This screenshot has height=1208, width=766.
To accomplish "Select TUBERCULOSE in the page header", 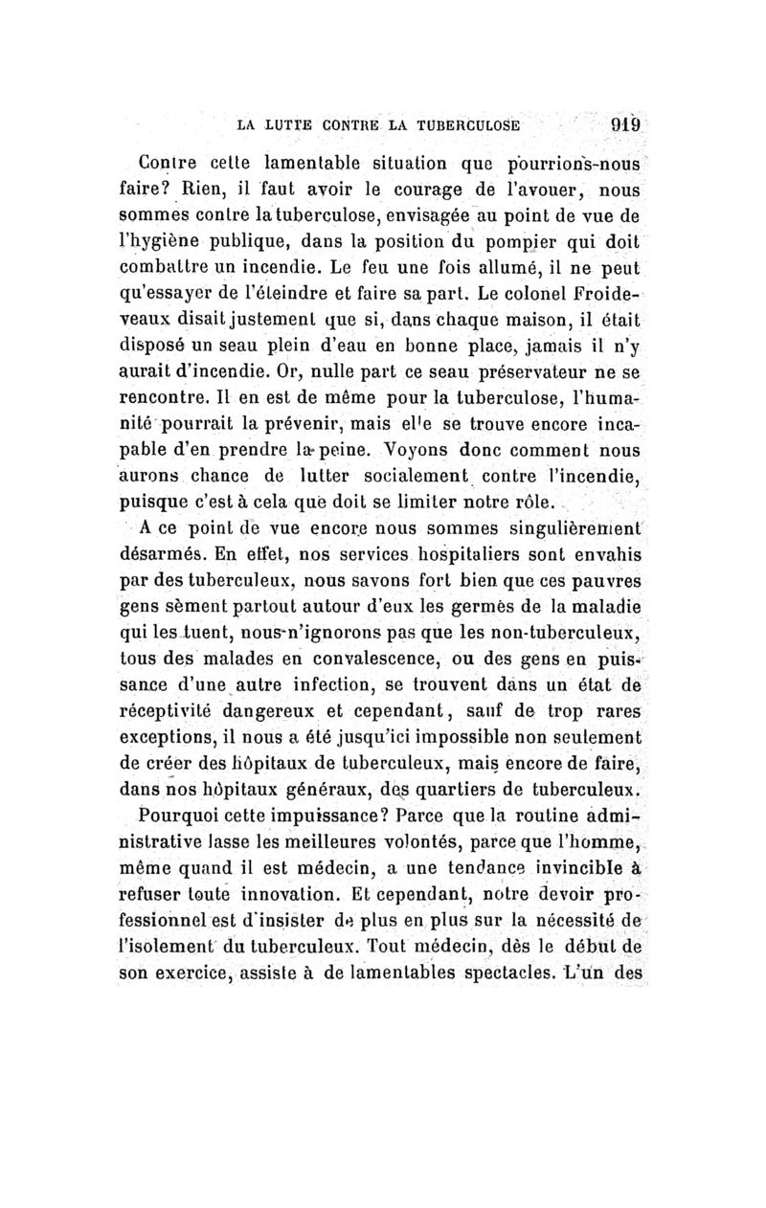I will (472, 123).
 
